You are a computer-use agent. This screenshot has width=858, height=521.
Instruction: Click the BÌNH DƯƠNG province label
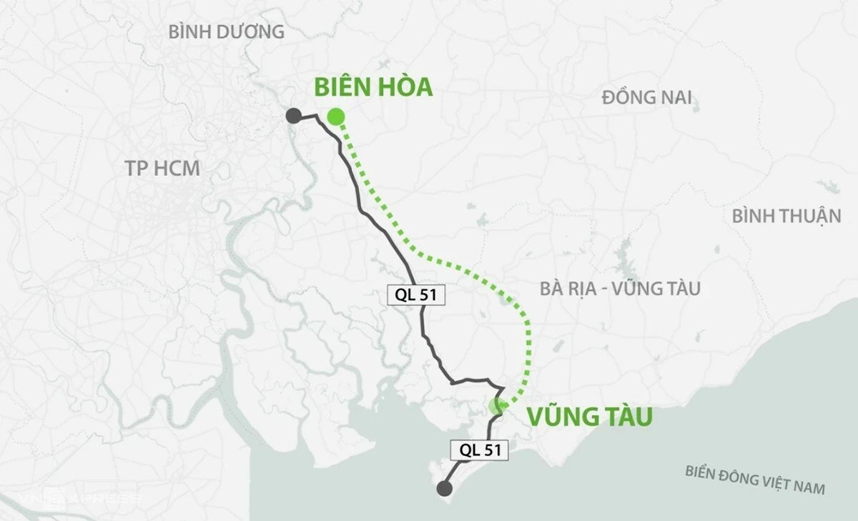pyautogui.click(x=226, y=32)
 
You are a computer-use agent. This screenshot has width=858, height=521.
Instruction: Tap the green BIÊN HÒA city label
pyautogui.click(x=373, y=87)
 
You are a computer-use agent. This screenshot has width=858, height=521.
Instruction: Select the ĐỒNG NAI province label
pyautogui.click(x=646, y=98)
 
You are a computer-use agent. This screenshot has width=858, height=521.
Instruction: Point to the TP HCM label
pyautogui.click(x=162, y=169)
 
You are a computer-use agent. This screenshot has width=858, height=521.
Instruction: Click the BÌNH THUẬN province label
pyautogui.click(x=786, y=216)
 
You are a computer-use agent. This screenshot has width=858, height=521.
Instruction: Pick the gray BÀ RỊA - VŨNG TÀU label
pyautogui.click(x=620, y=289)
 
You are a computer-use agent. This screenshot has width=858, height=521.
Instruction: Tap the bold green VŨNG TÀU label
pyautogui.click(x=590, y=417)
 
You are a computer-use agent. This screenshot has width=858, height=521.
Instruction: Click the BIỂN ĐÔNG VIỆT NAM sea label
pyautogui.click(x=755, y=480)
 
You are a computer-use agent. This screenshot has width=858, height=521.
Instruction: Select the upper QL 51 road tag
pyautogui.click(x=416, y=295)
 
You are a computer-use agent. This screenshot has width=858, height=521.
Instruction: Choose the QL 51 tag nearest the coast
pyautogui.click(x=479, y=450)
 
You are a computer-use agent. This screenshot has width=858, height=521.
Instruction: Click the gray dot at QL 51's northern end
pyautogui.click(x=292, y=116)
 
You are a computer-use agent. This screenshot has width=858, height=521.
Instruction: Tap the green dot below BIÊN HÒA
pyautogui.click(x=335, y=116)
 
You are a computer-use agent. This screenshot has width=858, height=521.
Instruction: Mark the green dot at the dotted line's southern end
pyautogui.click(x=497, y=406)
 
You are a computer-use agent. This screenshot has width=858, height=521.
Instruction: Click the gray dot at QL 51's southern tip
pyautogui.click(x=444, y=489)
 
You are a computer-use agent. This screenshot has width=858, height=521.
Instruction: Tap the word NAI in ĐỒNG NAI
pyautogui.click(x=674, y=98)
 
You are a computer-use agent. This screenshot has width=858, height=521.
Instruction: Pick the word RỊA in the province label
pyautogui.click(x=581, y=289)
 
